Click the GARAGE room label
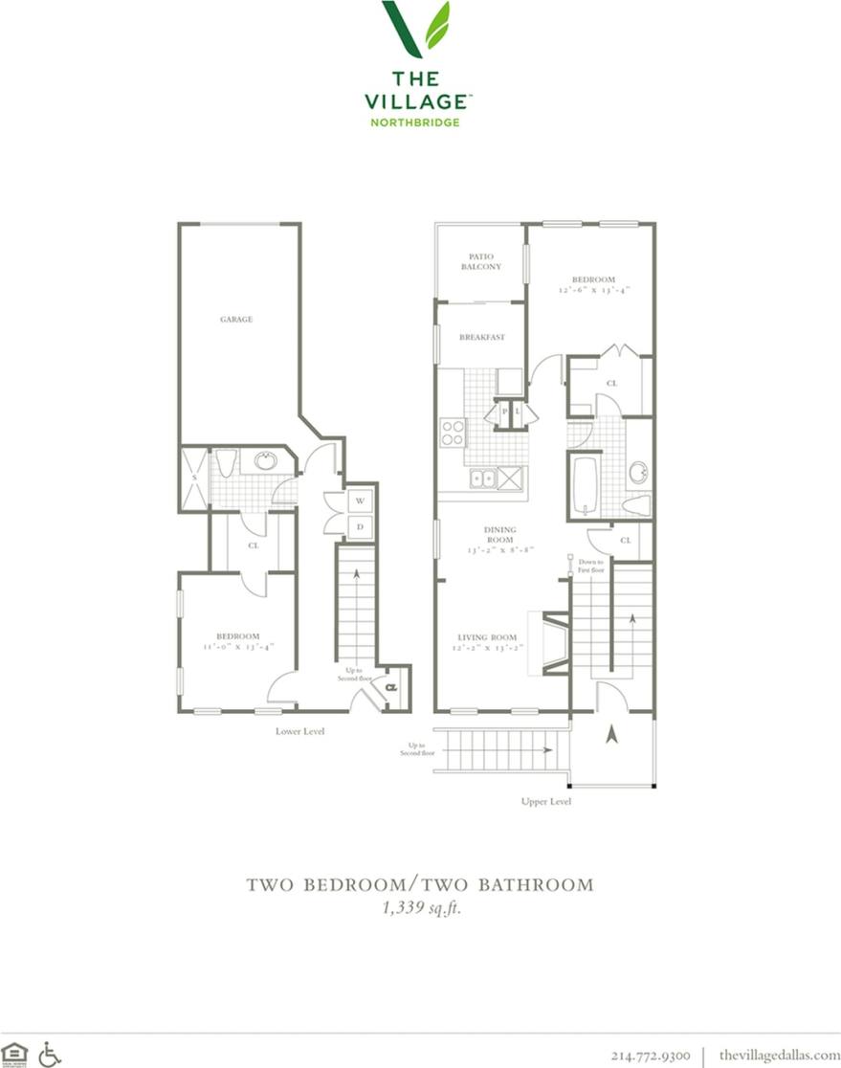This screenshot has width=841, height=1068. click(236, 319)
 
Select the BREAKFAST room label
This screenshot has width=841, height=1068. click(481, 337)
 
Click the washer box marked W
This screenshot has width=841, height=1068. click(361, 500)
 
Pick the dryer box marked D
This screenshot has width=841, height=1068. click(361, 525)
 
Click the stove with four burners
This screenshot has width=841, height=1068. click(453, 434)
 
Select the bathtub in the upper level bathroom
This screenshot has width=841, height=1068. click(585, 484)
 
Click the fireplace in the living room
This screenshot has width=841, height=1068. click(554, 643)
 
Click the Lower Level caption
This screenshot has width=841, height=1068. click(299, 731)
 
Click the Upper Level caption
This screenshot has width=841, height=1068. click(545, 801)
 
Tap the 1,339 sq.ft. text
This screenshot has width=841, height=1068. click(420, 909)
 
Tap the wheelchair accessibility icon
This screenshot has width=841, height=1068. click(50, 1054)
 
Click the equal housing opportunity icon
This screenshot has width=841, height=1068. click(15, 1054)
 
